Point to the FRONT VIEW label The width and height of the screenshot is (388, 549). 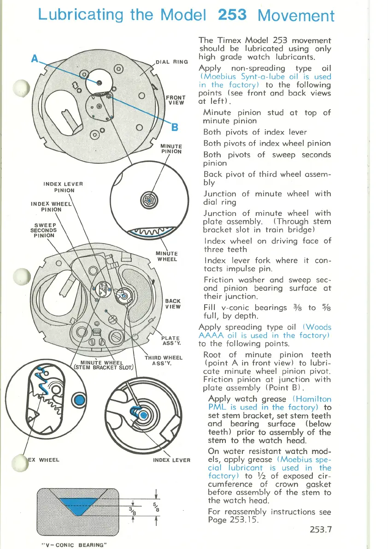tap(176, 100)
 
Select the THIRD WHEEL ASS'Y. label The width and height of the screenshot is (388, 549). tap(164, 360)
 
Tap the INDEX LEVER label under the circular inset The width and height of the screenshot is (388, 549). tap(171, 460)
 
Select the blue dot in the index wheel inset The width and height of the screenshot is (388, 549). tap(80, 400)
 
